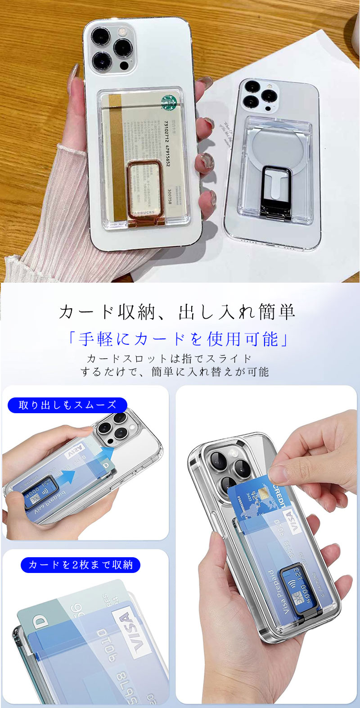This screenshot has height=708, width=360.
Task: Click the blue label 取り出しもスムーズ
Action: (x=67, y=405)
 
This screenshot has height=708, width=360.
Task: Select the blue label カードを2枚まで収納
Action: (x=81, y=565)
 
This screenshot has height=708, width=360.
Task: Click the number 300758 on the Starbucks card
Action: (x=169, y=196)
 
